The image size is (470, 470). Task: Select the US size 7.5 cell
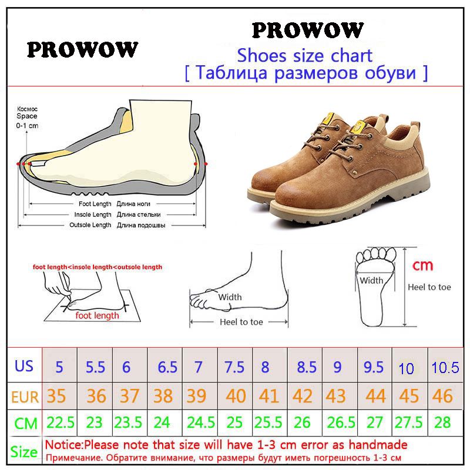click(x=234, y=367)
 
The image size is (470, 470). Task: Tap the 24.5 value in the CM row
click(x=201, y=422)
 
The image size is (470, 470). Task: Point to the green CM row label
click(x=26, y=423)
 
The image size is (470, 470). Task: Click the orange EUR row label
click(x=25, y=397)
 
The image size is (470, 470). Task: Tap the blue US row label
click(x=23, y=365)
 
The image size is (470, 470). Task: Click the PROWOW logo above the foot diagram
click(x=82, y=49)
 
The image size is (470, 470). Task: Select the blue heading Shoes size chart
click(x=304, y=56)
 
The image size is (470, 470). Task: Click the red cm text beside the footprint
click(x=422, y=266)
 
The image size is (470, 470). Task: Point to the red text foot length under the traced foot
click(x=97, y=315)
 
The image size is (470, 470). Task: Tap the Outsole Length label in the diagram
click(x=90, y=225)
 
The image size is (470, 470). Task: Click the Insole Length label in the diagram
click(x=93, y=214)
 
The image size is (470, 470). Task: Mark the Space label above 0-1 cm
click(x=27, y=116)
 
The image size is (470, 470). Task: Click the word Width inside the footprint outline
click(x=371, y=281)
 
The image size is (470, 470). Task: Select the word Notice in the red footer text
click(x=63, y=445)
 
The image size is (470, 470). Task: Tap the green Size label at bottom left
click(x=24, y=451)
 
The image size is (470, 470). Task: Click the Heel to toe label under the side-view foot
click(x=241, y=322)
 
